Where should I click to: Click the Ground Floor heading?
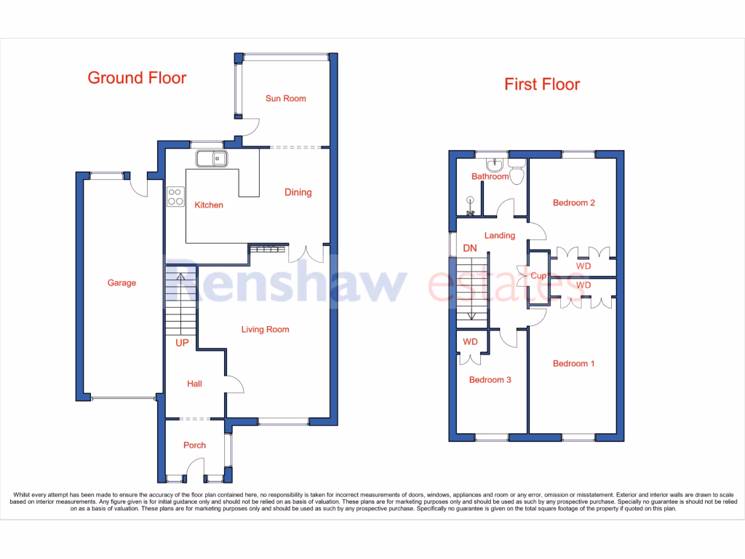[137, 78]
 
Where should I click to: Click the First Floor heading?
[542, 84]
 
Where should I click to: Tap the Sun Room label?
[285, 98]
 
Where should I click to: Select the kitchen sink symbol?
[212, 158]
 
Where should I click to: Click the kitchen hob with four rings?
[175, 197]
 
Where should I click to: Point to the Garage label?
[121, 283]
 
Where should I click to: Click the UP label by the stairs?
[181, 341]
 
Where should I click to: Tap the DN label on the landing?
[469, 248]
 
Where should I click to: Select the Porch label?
[194, 445]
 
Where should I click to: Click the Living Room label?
[265, 330]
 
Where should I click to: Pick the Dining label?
[298, 192]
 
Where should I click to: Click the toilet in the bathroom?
[517, 174]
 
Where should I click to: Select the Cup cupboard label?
[538, 276]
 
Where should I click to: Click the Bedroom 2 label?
[573, 202]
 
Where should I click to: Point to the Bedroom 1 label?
[573, 363]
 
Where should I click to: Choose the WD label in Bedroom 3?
[470, 341]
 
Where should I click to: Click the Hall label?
[194, 384]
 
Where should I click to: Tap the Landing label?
[499, 235]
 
